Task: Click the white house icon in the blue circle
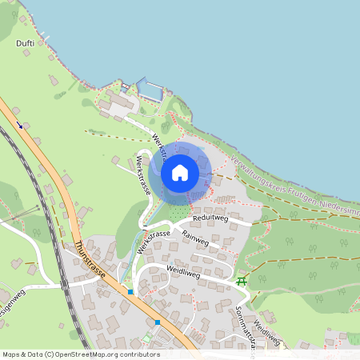(180, 173)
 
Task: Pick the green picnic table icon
(241, 281)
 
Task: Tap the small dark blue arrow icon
(19, 124)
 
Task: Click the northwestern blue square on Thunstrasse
(130, 292)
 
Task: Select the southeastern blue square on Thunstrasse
(158, 322)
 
